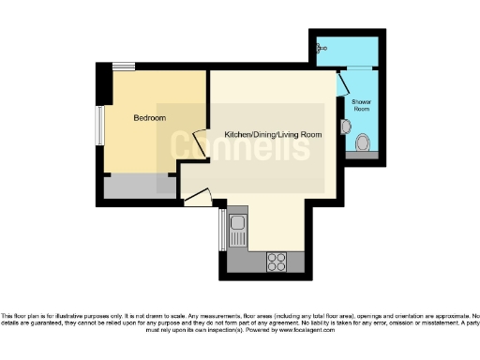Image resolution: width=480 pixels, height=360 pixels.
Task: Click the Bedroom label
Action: [150, 118]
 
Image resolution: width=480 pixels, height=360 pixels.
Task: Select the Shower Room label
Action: [362, 104]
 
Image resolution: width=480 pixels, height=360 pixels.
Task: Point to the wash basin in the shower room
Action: [347, 126]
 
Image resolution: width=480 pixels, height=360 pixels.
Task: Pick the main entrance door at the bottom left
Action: [199, 197]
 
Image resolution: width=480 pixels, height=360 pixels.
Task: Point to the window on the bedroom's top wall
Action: [123, 67]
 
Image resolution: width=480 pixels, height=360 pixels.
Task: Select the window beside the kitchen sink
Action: [222, 230]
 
